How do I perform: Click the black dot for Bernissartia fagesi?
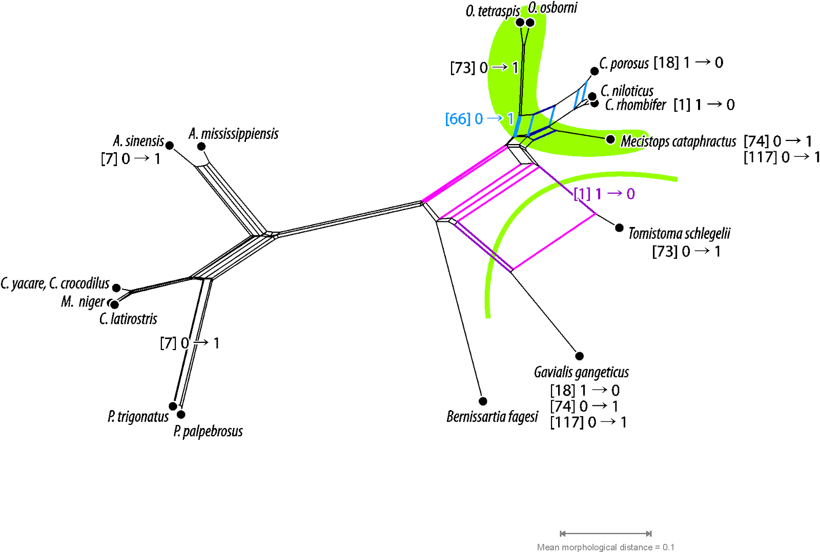(483, 401)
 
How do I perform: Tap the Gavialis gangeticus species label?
(581, 372)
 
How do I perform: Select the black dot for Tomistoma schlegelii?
(619, 228)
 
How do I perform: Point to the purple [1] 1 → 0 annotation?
(604, 194)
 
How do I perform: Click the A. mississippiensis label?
(233, 134)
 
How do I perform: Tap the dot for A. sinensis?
(170, 146)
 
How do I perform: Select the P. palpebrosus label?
(208, 431)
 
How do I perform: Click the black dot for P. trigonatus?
(173, 406)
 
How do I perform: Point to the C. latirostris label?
(128, 319)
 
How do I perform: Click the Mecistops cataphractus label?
(678, 141)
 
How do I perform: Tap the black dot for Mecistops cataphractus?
(610, 139)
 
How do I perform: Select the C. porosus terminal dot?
(594, 71)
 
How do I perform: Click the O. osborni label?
(552, 8)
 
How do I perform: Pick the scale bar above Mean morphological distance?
(606, 534)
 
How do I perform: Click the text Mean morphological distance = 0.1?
(605, 547)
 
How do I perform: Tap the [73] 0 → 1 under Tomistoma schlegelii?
(686, 252)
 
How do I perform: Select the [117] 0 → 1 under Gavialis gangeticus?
(588, 422)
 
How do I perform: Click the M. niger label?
(83, 302)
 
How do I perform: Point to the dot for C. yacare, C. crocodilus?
(116, 288)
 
